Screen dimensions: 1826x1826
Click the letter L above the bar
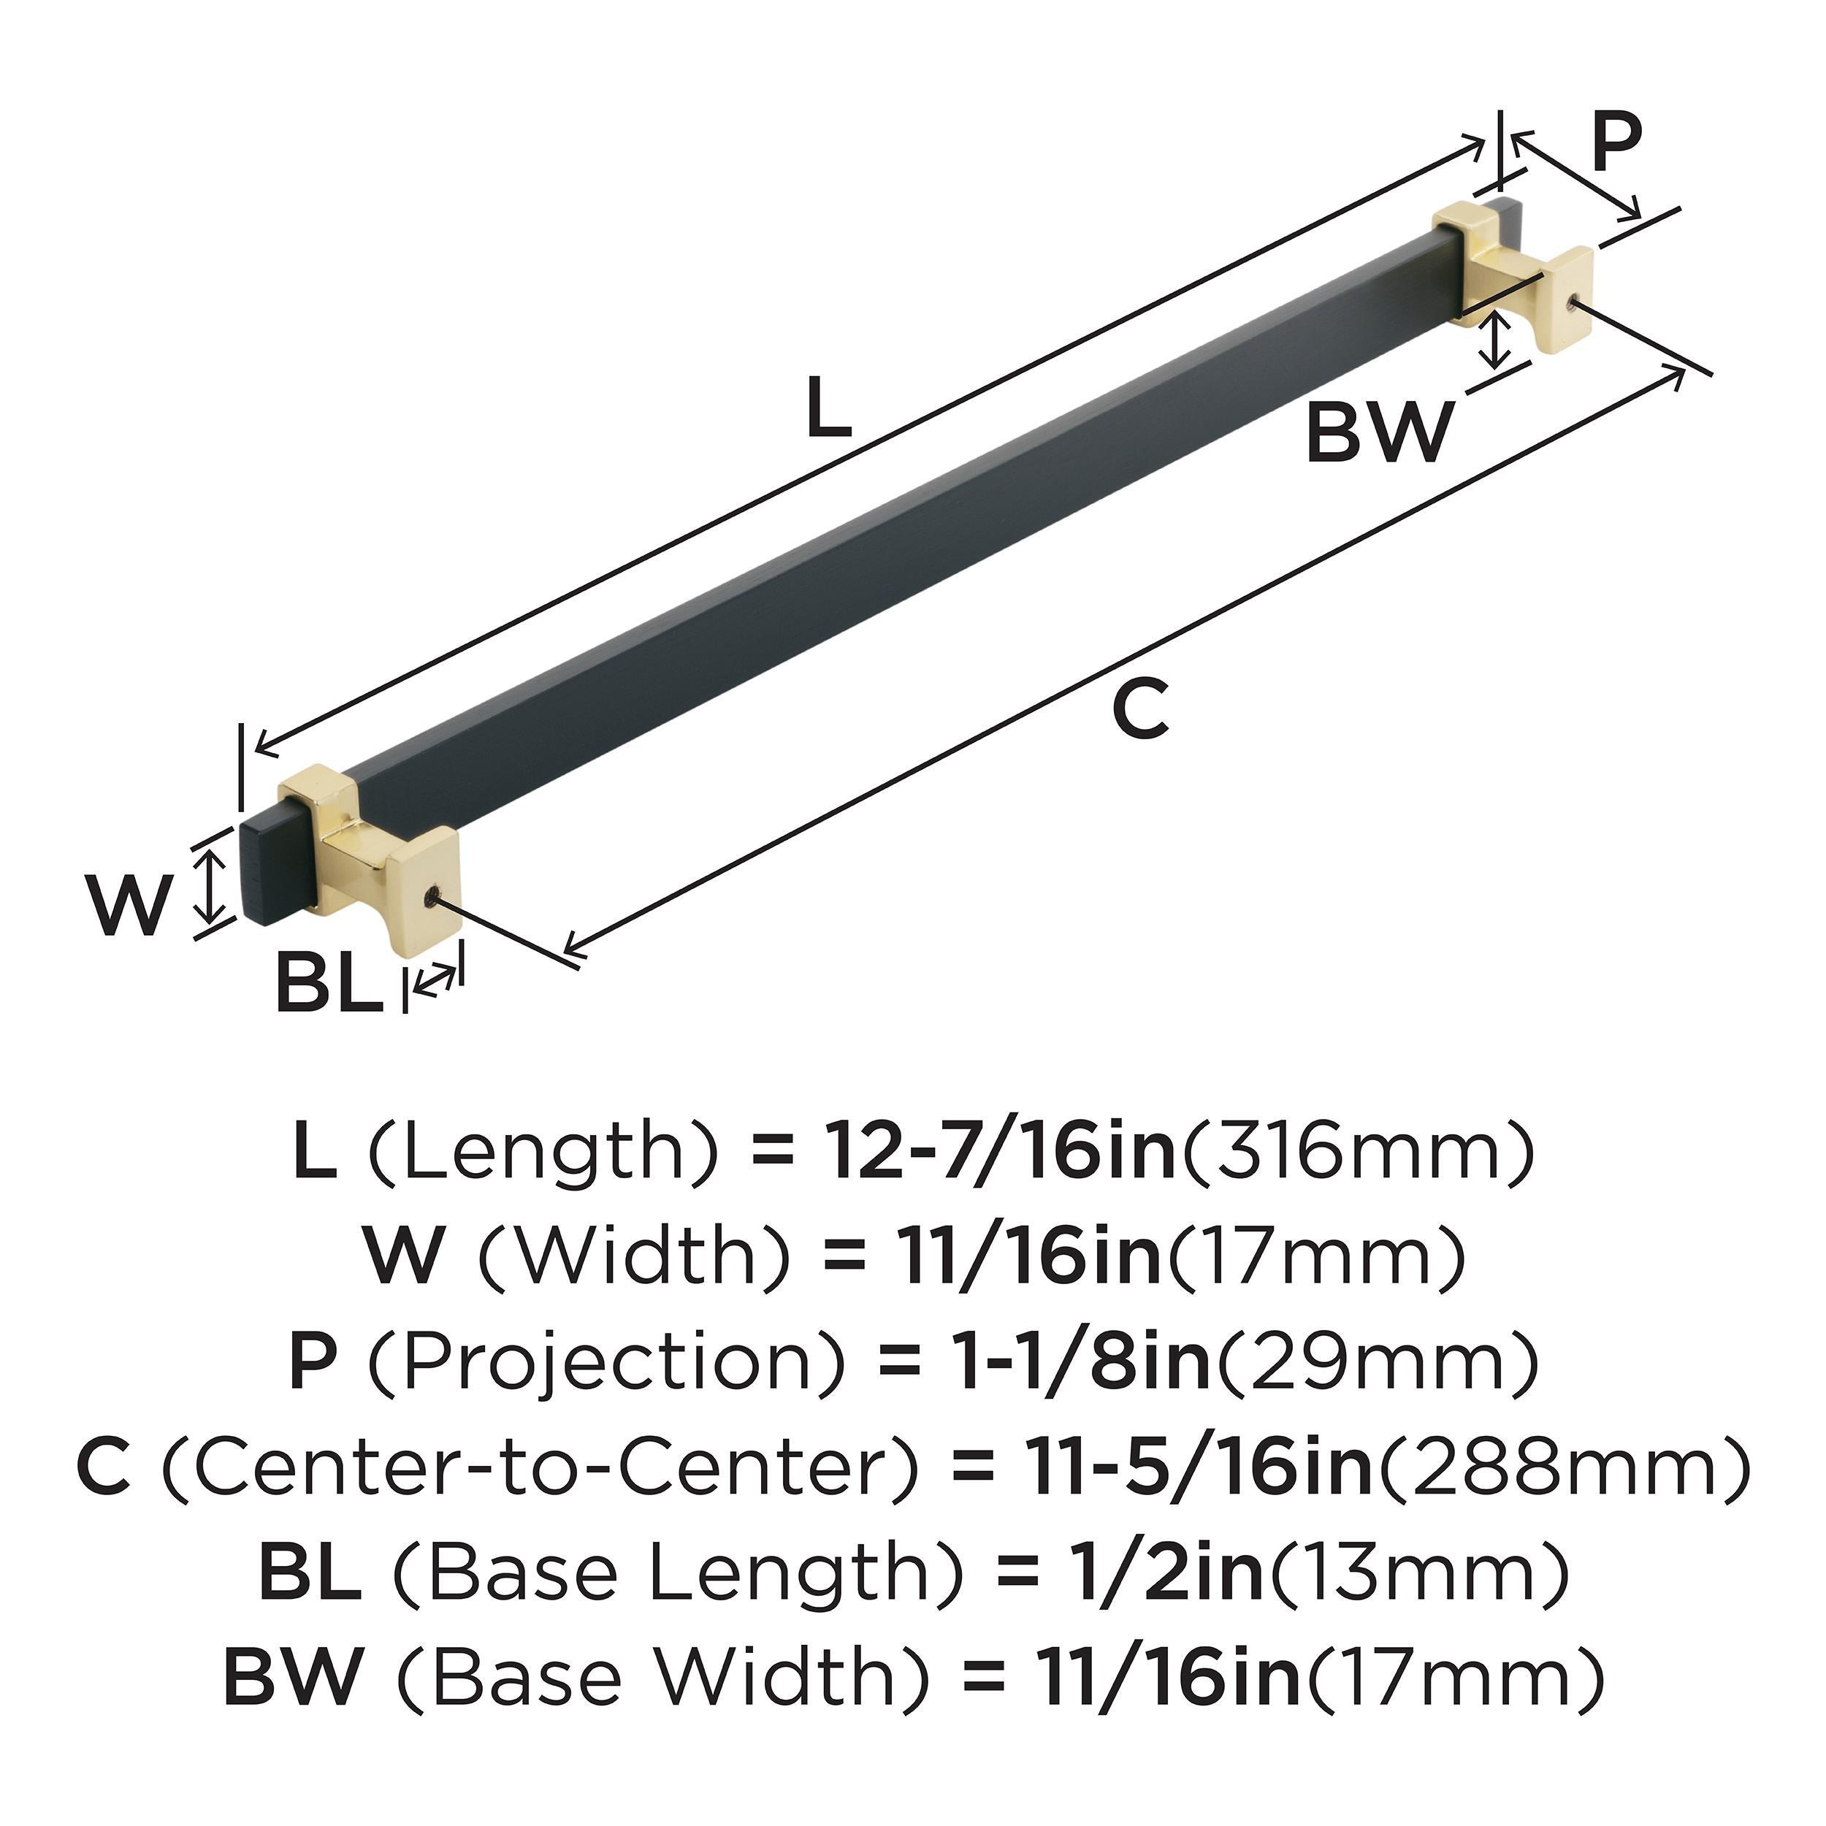pos(828,408)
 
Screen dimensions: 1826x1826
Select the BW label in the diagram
pos(1379,433)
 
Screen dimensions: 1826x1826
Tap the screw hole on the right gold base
pos(1572,302)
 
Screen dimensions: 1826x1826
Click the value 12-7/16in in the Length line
pos(999,1152)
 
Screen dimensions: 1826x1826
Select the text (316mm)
pos(1358,1152)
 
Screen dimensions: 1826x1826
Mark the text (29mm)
pos(1376,1362)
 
